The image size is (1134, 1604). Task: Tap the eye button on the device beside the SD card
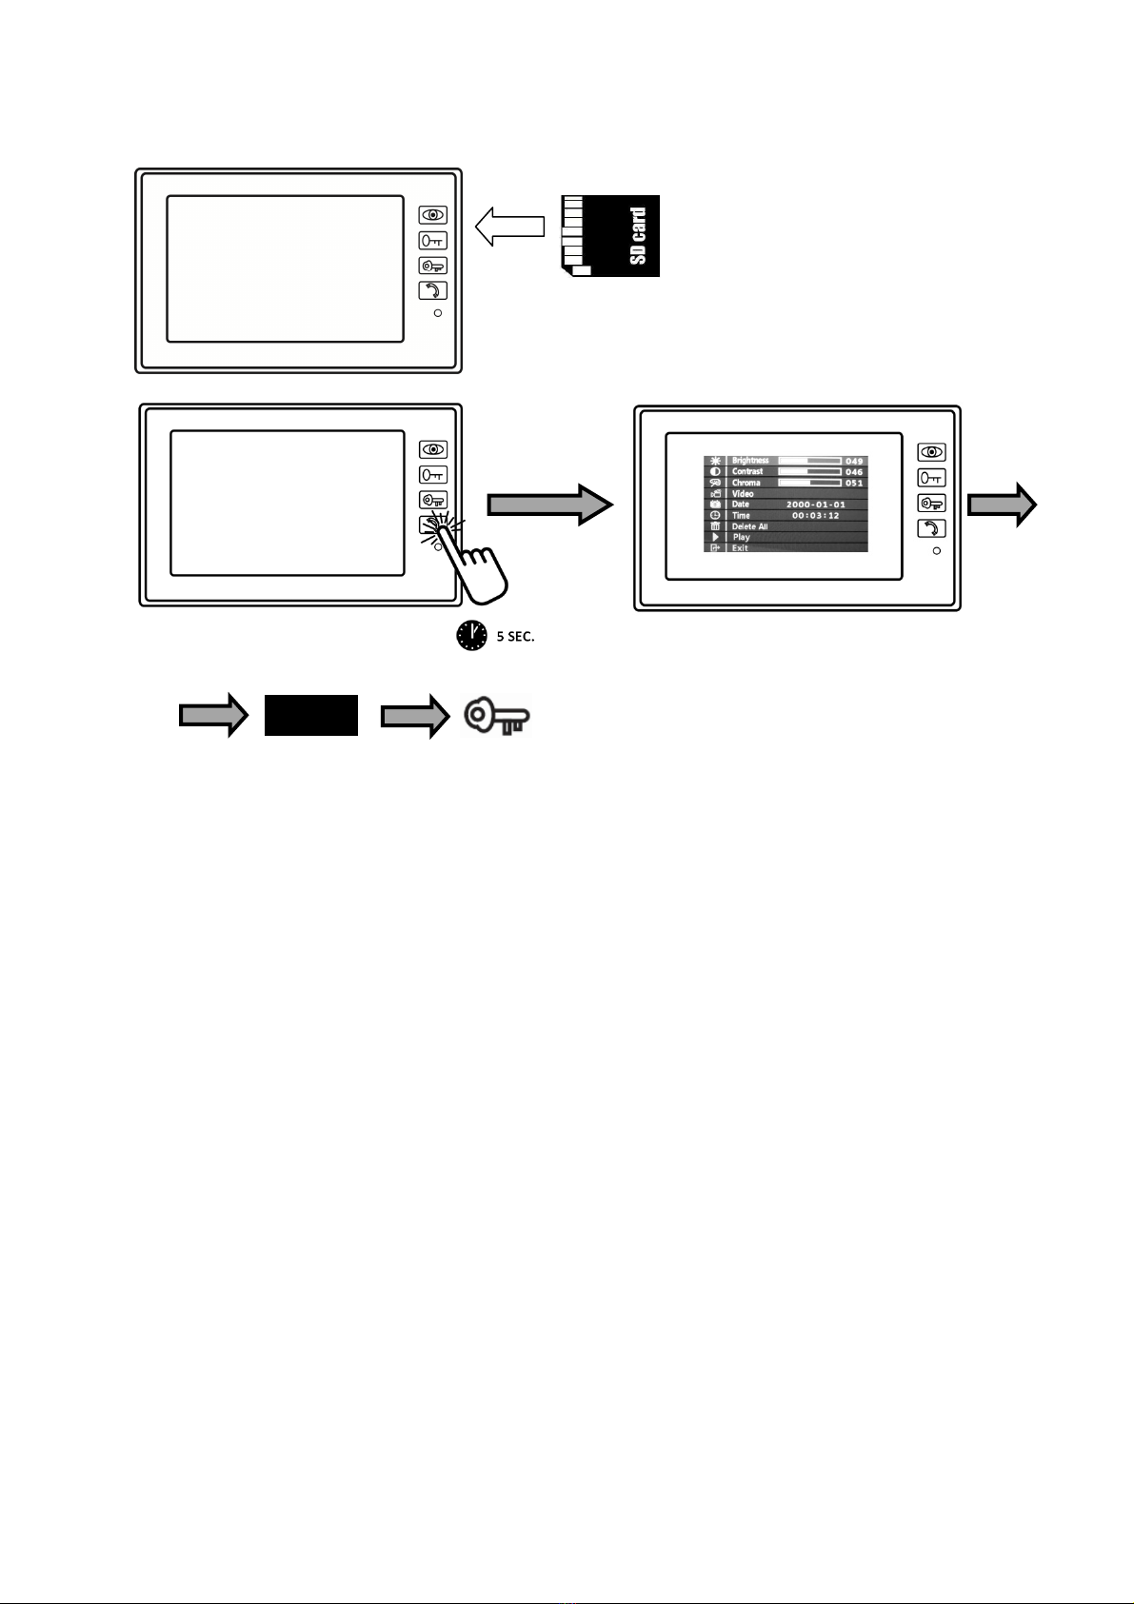click(433, 216)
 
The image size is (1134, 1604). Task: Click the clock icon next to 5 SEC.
click(471, 636)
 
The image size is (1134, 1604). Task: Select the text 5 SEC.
click(515, 637)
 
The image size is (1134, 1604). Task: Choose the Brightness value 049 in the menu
click(854, 462)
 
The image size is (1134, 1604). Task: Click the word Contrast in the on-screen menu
click(747, 472)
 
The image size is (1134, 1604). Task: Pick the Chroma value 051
click(854, 484)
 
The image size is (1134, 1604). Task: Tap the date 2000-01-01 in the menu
click(815, 505)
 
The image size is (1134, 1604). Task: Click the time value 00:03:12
click(815, 516)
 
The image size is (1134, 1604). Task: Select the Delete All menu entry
click(749, 526)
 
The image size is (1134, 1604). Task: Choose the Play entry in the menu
click(742, 538)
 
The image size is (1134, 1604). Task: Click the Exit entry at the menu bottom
click(740, 548)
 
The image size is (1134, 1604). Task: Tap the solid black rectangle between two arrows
click(311, 715)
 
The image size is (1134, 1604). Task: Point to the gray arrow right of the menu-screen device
click(1002, 505)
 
